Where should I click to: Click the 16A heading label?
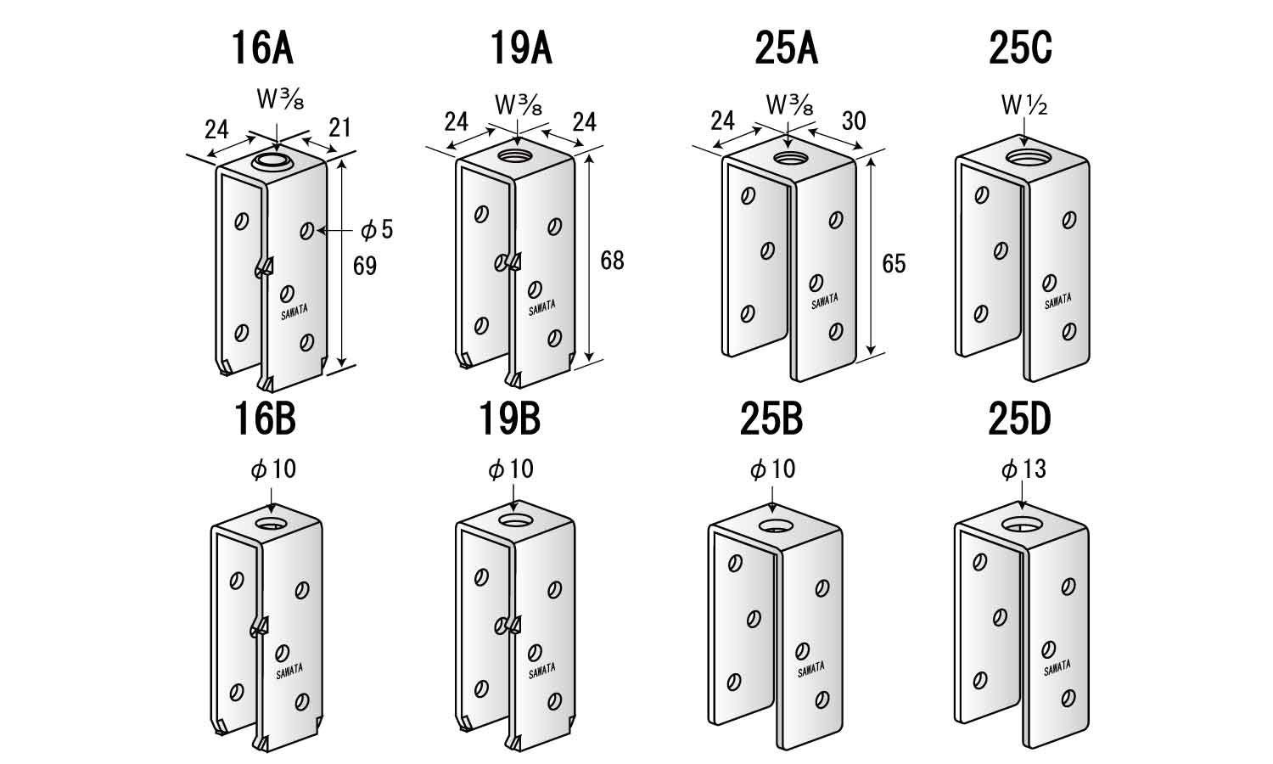pyautogui.click(x=262, y=48)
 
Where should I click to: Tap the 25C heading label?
pyautogui.click(x=1020, y=48)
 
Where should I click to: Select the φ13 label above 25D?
pyautogui.click(x=1023, y=469)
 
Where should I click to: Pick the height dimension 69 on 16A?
pyautogui.click(x=364, y=266)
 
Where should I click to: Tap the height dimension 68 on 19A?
pyautogui.click(x=612, y=260)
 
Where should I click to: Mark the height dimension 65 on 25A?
pyautogui.click(x=894, y=263)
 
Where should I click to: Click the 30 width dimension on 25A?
pyautogui.click(x=853, y=121)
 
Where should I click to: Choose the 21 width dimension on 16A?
pyautogui.click(x=339, y=127)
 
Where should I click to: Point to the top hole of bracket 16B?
pyautogui.click(x=272, y=522)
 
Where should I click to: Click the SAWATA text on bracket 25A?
pyautogui.click(x=824, y=301)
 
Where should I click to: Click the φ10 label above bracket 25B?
pyautogui.click(x=772, y=469)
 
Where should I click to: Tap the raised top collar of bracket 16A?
pyautogui.click(x=272, y=162)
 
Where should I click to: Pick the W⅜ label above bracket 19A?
pyautogui.click(x=518, y=105)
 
